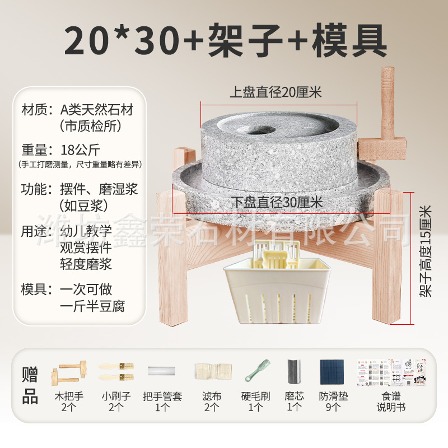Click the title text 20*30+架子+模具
point(224,39)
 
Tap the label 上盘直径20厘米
point(276,92)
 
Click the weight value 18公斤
point(84,150)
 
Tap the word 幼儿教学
point(86,231)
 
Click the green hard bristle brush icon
point(256,371)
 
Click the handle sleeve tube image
point(162,371)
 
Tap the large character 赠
point(30,374)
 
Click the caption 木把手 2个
point(69,402)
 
